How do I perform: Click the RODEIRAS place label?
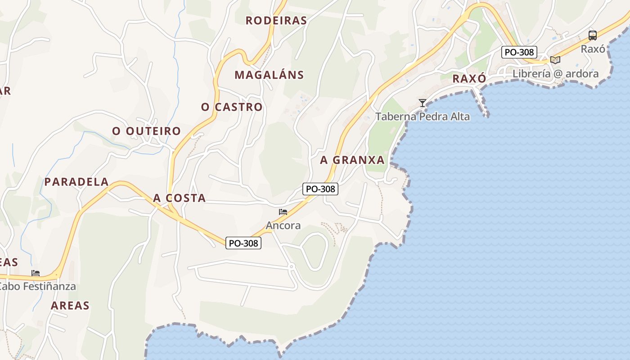276,21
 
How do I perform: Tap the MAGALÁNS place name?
269,75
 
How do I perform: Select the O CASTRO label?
232,107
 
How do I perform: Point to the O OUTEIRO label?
147,131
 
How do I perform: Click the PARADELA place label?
76,182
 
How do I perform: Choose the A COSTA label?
180,198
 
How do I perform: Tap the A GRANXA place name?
352,160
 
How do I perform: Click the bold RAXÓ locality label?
469,79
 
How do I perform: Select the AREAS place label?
70,306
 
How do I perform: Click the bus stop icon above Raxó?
593,36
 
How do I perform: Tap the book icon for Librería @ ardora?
555,60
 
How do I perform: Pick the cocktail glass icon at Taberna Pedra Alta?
422,103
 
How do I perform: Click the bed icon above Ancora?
283,212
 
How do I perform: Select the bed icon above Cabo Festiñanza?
36,273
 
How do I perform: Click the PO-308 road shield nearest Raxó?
519,52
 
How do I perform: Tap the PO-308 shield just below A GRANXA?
320,189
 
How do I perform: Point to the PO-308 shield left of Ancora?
243,243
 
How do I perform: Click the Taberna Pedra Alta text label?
423,117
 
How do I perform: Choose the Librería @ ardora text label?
556,74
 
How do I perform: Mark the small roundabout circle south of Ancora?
291,267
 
